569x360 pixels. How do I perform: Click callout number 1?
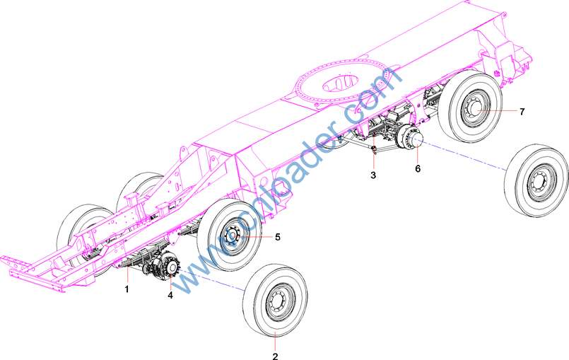pyautogui.click(x=127, y=289)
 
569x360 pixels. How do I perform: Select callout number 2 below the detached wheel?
pyautogui.click(x=275, y=356)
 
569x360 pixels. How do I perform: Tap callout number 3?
pyautogui.click(x=373, y=175)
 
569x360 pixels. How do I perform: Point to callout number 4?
pyautogui.click(x=170, y=296)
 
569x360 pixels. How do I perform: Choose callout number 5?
pyautogui.click(x=278, y=237)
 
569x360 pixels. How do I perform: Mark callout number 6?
pyautogui.click(x=418, y=168)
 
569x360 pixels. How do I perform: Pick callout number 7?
pyautogui.click(x=522, y=112)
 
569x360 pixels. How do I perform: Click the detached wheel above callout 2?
pyautogui.click(x=276, y=301)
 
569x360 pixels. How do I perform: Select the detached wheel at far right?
pyautogui.click(x=536, y=180)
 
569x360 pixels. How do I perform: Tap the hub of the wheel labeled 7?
pyautogui.click(x=476, y=109)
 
